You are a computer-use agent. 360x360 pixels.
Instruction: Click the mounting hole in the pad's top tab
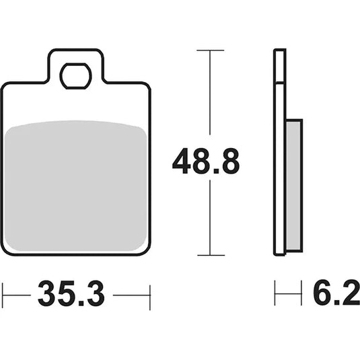click(75, 77)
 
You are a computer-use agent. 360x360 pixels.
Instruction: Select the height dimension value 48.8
click(205, 162)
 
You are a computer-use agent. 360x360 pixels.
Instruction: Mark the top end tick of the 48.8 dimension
click(211, 50)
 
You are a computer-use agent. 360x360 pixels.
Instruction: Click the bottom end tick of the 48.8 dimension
click(211, 255)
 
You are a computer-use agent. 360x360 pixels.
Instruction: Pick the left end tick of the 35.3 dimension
click(3, 294)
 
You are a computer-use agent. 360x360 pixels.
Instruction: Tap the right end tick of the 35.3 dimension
click(149, 294)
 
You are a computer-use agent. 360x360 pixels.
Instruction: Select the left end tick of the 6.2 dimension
click(275, 294)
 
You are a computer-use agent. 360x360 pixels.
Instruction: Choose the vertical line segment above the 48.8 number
click(211, 94)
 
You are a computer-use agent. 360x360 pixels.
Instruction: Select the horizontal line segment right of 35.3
click(132, 294)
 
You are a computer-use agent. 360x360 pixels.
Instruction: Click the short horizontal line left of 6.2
click(287, 294)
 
